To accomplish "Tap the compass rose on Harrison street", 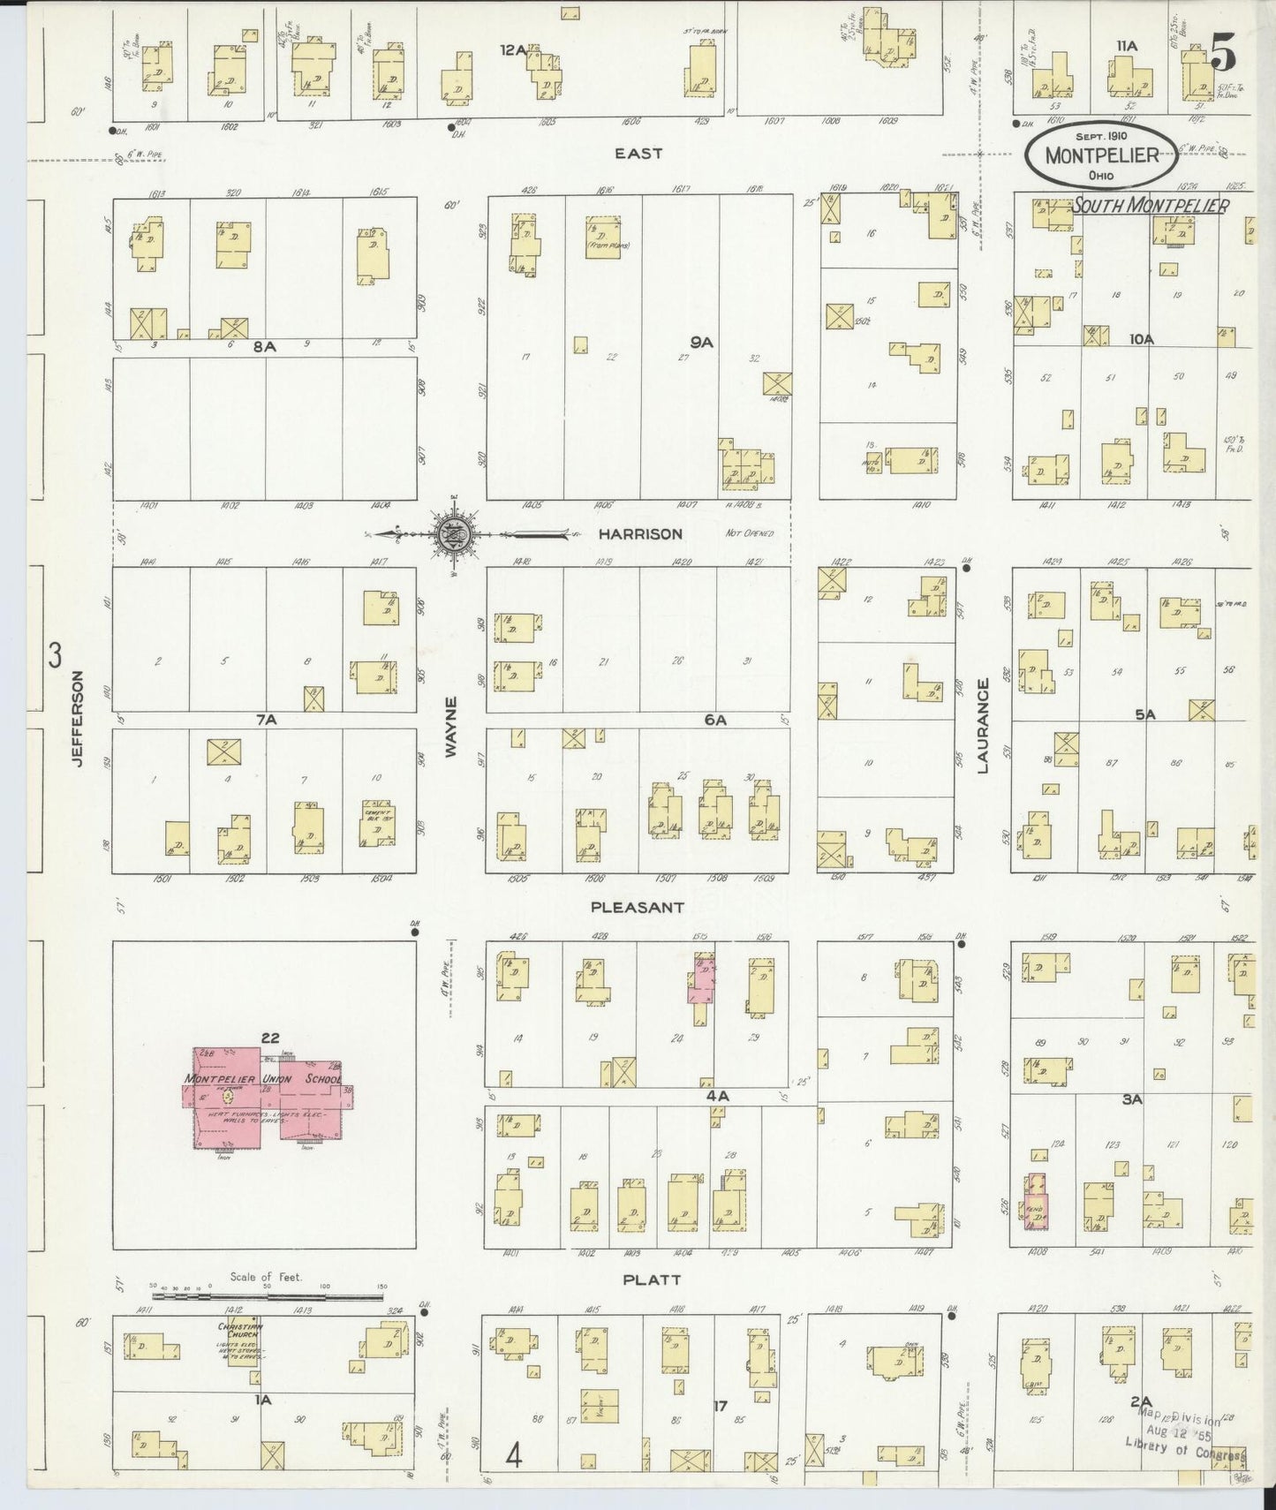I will point(453,533).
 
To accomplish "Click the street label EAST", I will point(638,153).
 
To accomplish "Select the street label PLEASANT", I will point(638,906).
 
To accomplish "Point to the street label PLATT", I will point(652,1279).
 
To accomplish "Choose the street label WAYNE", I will point(451,726).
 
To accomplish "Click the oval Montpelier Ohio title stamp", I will point(1101,155).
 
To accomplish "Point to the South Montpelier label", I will point(1151,206).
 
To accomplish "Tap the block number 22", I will point(269,1037).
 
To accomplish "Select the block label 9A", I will point(702,343).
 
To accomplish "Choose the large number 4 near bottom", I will point(513,1453).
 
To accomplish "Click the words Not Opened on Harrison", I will point(749,533).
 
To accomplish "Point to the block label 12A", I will point(512,50).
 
